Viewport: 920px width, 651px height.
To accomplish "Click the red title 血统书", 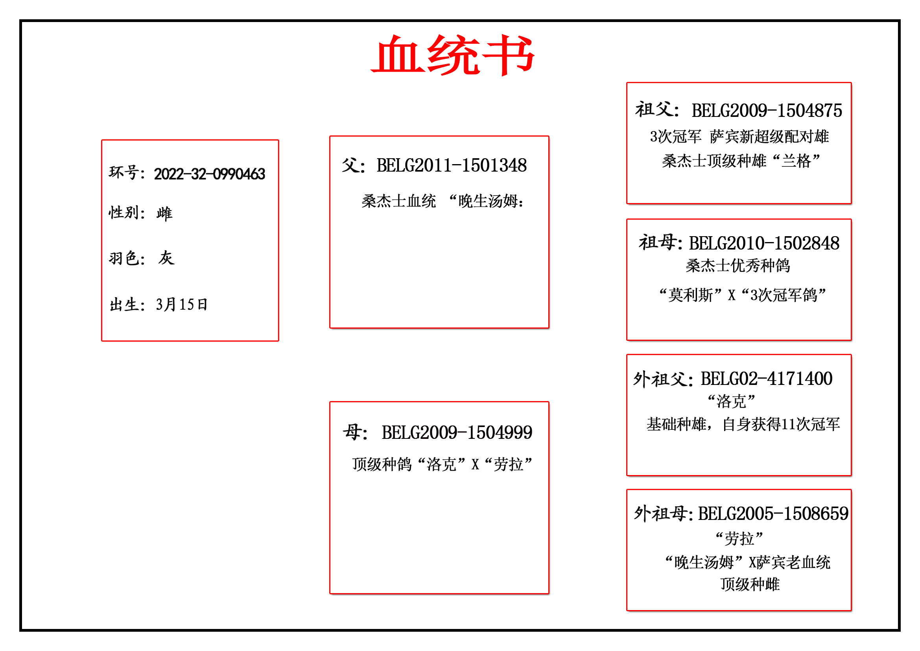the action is [453, 55].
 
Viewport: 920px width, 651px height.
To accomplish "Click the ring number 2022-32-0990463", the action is [210, 174].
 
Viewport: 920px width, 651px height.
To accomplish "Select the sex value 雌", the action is [164, 213].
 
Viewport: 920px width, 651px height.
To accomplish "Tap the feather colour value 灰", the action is [166, 258].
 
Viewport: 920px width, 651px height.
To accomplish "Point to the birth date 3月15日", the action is [181, 305].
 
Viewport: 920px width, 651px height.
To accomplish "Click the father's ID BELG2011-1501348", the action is [452, 165].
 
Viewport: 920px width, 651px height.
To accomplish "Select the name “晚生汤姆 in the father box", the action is [483, 201].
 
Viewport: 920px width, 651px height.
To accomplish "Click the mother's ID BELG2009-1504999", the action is [457, 433].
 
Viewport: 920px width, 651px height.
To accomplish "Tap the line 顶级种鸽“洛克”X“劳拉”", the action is [442, 464].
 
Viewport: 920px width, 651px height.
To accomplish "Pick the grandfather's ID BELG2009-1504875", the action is [767, 111].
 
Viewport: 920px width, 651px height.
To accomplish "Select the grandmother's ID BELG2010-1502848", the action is [764, 243].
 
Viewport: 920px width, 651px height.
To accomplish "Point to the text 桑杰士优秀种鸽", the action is [737, 265].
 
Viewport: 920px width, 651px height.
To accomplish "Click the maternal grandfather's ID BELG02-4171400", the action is [767, 379].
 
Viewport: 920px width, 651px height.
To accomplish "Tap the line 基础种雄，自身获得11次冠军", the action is [743, 424].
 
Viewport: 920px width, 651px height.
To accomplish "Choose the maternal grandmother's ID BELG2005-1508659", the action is [773, 514].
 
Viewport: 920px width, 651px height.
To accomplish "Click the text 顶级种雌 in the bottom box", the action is [750, 584].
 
